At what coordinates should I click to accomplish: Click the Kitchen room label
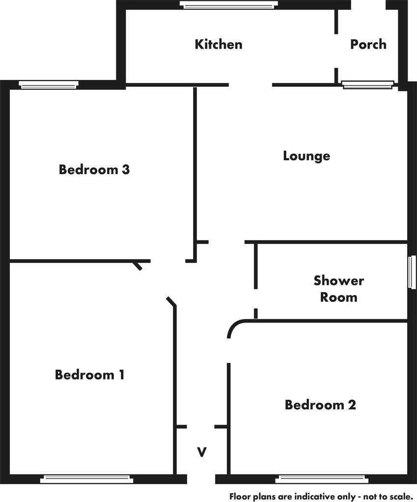click(x=219, y=44)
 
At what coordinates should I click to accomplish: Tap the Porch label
click(x=368, y=44)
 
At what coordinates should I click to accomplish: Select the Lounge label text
click(x=306, y=156)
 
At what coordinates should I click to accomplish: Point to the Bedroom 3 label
click(x=94, y=169)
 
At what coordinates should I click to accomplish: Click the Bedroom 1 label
click(x=90, y=375)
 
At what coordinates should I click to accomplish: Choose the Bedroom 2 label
click(x=320, y=404)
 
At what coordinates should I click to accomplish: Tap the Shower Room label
click(x=339, y=289)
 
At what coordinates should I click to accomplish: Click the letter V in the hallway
click(x=201, y=452)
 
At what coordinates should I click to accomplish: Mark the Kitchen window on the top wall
click(x=229, y=4)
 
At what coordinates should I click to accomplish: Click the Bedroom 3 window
click(x=49, y=85)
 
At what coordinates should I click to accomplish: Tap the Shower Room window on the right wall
click(x=411, y=272)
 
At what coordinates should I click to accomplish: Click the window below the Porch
click(x=368, y=85)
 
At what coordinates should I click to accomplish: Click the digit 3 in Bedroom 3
click(x=126, y=169)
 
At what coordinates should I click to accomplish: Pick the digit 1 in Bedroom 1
click(x=122, y=375)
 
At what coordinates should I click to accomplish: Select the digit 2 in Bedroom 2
click(x=352, y=404)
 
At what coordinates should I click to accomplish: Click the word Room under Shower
click(x=339, y=297)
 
